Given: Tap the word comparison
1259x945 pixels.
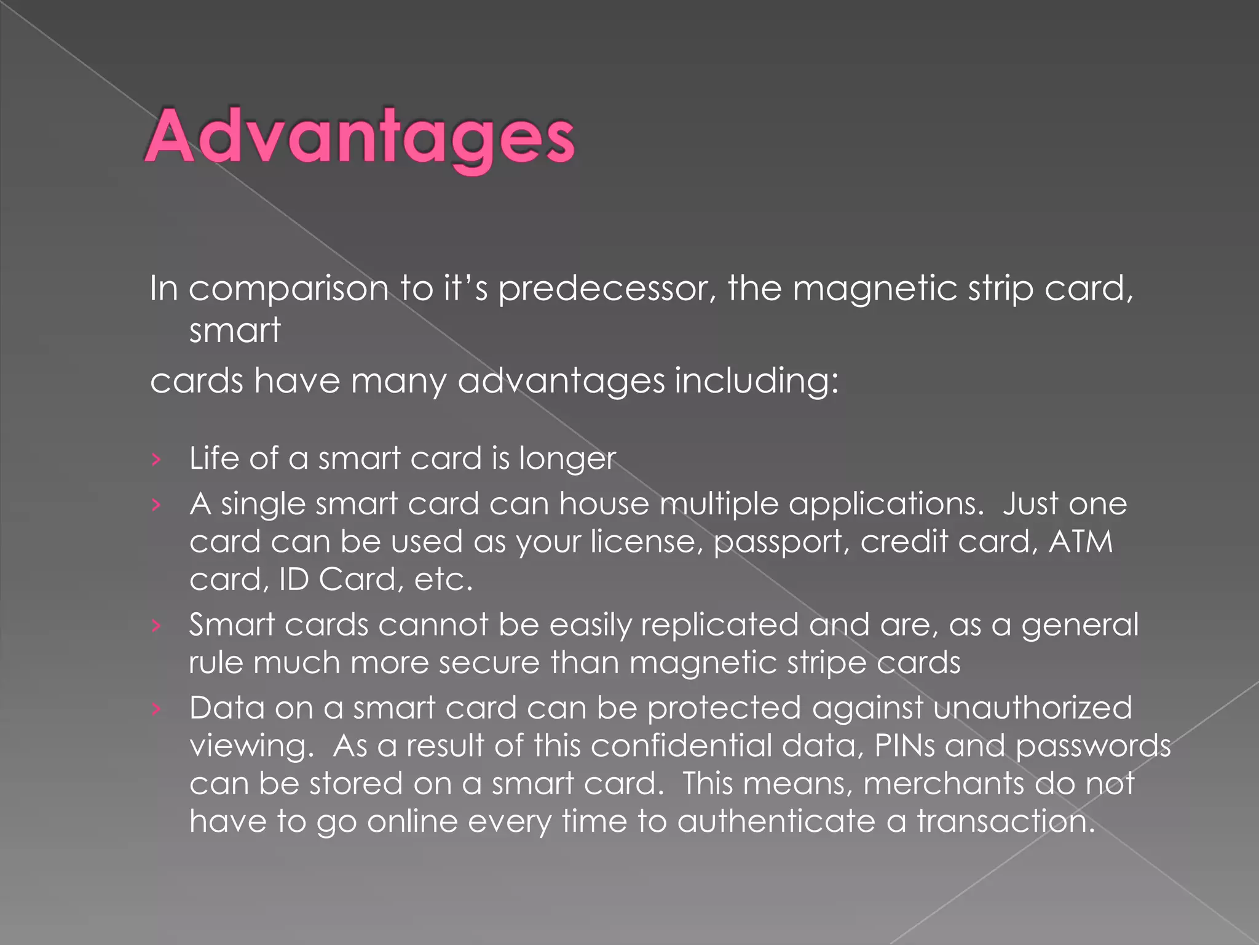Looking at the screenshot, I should (288, 289).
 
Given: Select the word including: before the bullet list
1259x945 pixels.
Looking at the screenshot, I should (757, 381).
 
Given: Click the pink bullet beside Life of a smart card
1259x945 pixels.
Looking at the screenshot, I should (156, 459).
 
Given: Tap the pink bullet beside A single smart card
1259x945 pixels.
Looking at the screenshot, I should (156, 505).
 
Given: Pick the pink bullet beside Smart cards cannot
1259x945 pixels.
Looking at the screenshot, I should (156, 626).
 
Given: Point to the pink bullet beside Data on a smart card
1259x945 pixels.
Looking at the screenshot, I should (156, 709).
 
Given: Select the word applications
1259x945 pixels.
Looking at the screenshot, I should (883, 505).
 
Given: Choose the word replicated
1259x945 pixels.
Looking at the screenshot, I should (719, 625).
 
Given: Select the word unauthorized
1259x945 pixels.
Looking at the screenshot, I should (1032, 708).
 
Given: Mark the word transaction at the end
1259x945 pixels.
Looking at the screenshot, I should (1006, 821).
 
